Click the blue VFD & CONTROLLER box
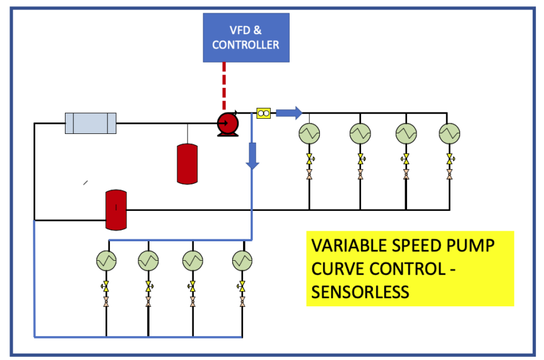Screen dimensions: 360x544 (x=245, y=37)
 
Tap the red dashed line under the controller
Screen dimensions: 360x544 (x=224, y=85)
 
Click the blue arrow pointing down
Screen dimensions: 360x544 (x=252, y=155)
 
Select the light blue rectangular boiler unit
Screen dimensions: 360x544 (x=91, y=123)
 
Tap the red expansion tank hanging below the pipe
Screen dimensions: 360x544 (x=187, y=164)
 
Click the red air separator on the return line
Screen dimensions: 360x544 (x=115, y=209)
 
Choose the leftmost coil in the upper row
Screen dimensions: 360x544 (x=309, y=133)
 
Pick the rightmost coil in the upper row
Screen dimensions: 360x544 (x=449, y=133)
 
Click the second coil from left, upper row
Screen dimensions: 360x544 (x=360, y=133)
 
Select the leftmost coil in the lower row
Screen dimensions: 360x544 (x=105, y=260)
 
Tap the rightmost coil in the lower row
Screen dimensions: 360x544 (x=242, y=260)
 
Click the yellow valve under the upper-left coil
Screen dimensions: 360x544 (x=309, y=158)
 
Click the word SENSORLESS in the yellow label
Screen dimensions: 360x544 (x=360, y=292)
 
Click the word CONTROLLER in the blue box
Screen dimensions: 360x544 (x=245, y=45)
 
